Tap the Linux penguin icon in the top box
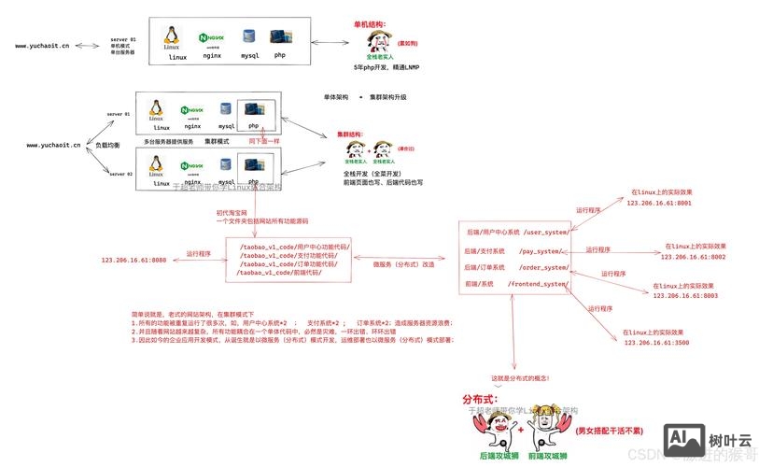172,36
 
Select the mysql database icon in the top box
249,36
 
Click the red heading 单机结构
369,24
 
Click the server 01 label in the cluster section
119,114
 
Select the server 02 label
120,174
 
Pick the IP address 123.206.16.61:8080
134,260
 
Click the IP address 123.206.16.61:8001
659,202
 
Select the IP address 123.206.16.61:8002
693,256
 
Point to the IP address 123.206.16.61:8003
685,295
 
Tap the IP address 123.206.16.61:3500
656,343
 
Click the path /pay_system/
541,251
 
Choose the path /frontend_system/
538,283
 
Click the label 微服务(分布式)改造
404,263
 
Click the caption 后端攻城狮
499,456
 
